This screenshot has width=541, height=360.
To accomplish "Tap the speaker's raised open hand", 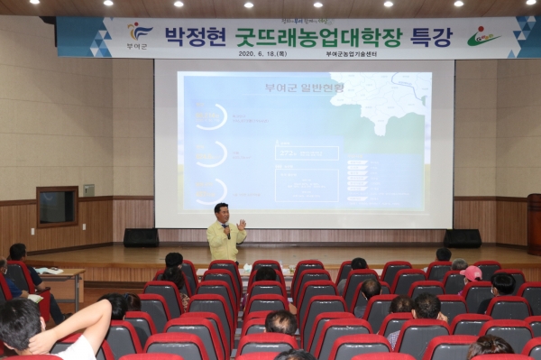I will click(x=242, y=223).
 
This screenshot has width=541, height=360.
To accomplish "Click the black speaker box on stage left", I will click(x=141, y=237).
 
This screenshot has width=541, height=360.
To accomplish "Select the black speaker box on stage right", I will click(x=463, y=238).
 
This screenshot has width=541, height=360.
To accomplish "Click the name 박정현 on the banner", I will click(x=193, y=37).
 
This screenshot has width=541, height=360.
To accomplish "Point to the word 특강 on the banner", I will click(x=430, y=37).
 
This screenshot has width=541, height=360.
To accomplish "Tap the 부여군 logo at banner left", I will click(x=138, y=35).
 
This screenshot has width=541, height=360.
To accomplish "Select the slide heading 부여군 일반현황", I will click(x=293, y=88).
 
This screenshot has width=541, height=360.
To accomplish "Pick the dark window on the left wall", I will click(x=57, y=207).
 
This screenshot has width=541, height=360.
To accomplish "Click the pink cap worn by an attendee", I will click(x=471, y=272).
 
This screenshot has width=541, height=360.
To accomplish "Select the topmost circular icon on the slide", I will click(x=210, y=116).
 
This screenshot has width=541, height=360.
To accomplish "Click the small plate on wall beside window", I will click(x=88, y=189).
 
